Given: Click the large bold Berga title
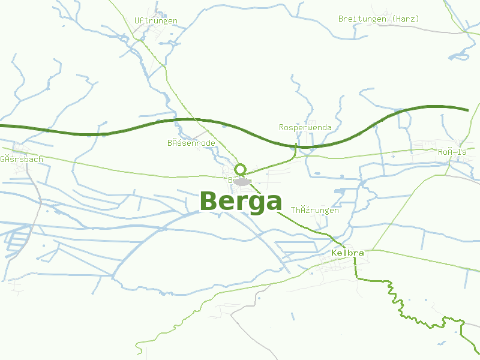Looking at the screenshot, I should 241,202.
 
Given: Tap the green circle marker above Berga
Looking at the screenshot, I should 241,169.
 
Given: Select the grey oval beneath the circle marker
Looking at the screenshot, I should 242,181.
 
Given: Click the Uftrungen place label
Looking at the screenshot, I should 156,21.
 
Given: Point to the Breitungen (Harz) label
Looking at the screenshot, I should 379,19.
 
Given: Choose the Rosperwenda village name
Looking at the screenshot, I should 305,128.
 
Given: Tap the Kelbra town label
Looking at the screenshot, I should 347,253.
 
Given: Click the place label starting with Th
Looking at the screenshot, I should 315,211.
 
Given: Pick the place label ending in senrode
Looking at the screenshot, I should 191,143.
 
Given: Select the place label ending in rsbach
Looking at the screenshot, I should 22,160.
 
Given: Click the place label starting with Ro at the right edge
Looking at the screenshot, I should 452,152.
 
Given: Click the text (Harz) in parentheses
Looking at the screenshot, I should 406,19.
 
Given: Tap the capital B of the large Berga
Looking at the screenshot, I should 208,202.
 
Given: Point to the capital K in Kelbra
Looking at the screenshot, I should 334,253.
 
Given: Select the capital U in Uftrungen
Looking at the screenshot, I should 137,21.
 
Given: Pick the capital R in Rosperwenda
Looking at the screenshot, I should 281,128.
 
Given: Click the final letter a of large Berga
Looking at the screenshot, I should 272,203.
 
